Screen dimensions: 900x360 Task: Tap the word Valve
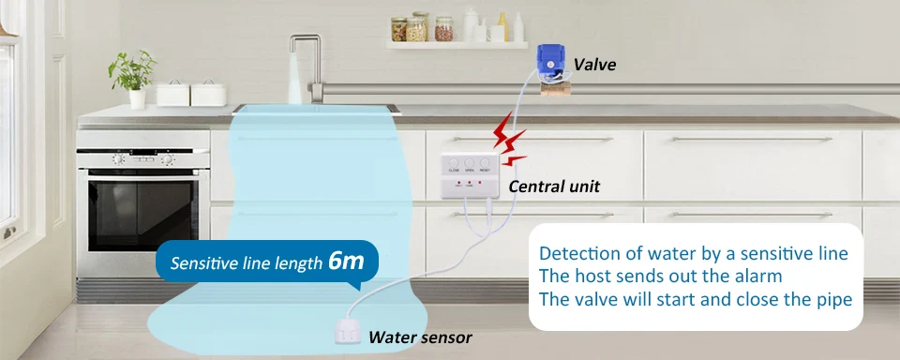click(x=594, y=65)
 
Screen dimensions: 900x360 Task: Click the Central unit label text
click(x=554, y=186)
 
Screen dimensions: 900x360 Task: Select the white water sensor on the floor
click(x=347, y=326)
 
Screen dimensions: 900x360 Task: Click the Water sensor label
click(x=420, y=337)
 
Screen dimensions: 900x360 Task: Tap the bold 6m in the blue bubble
click(x=346, y=262)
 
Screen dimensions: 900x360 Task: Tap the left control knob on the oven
click(x=118, y=159)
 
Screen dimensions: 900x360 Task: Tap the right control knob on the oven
click(x=167, y=159)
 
